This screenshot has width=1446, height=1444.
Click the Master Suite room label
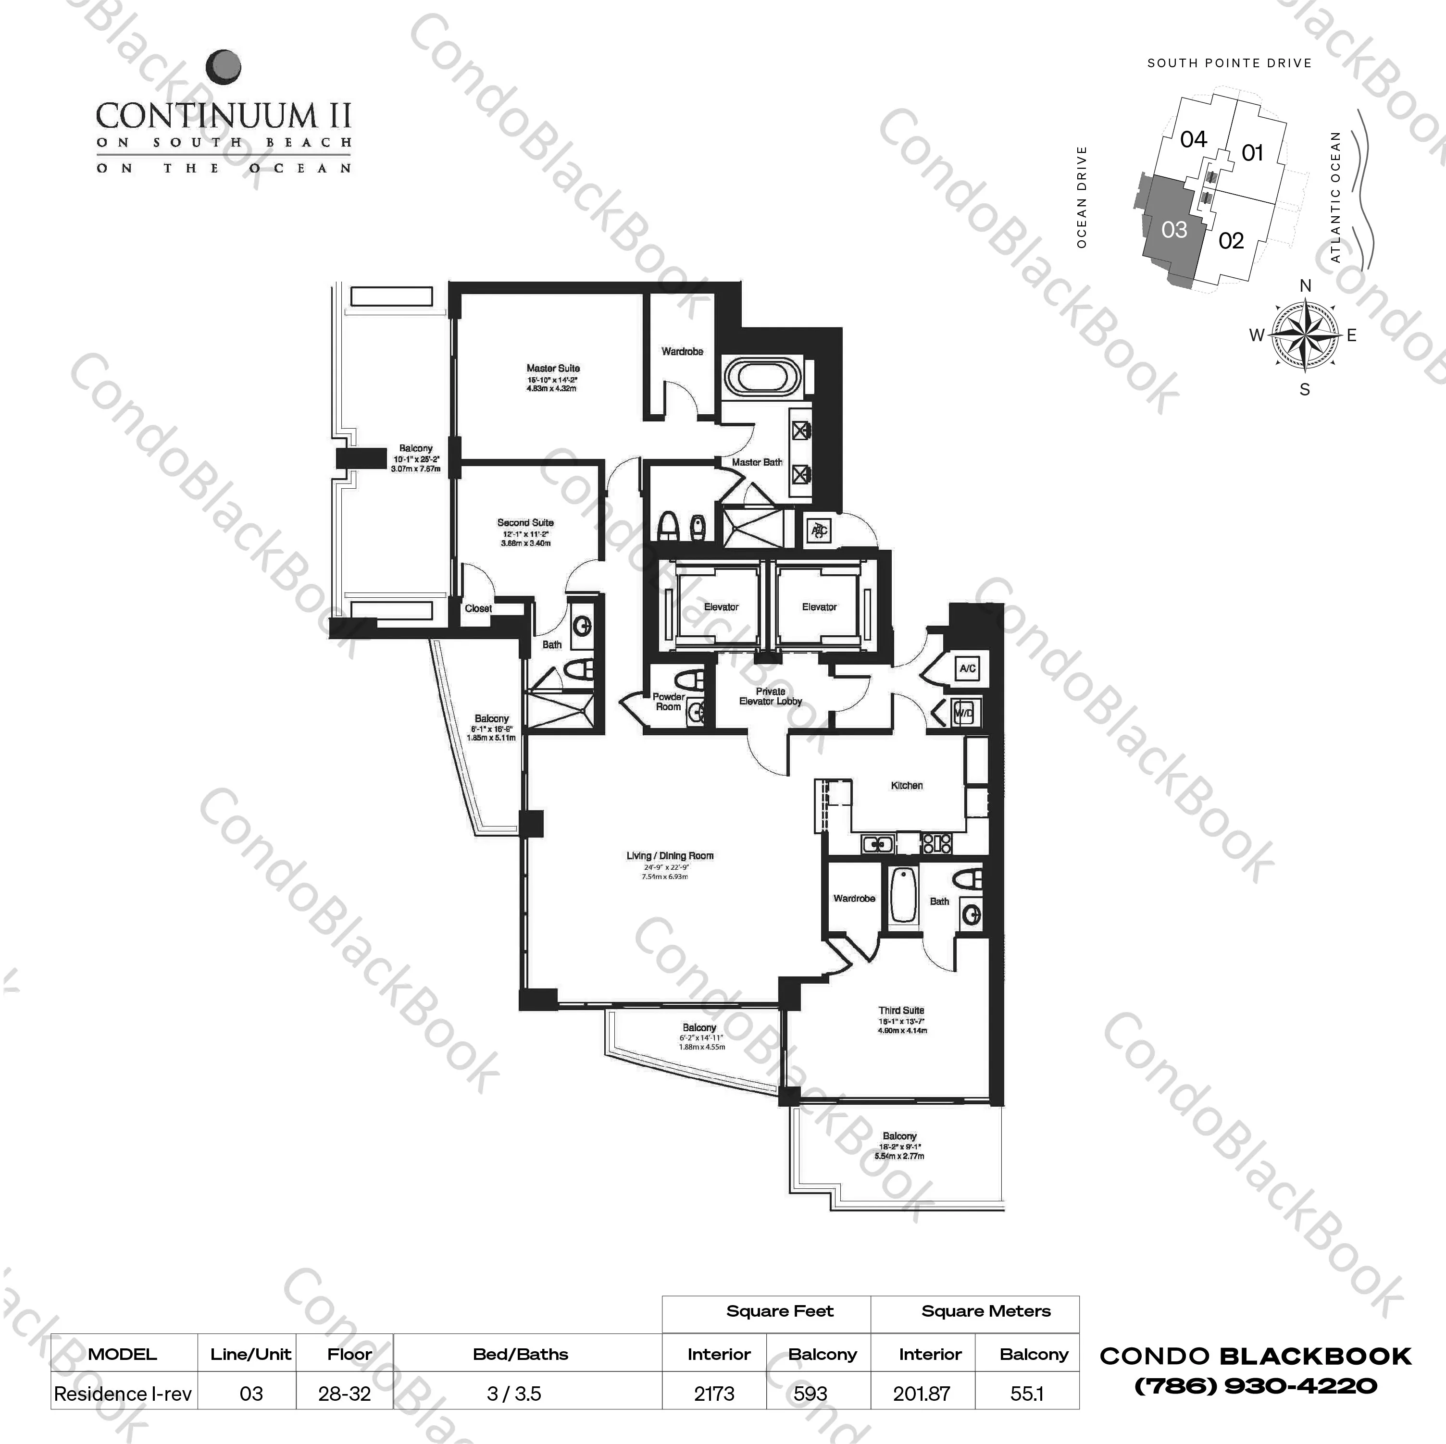pos(552,368)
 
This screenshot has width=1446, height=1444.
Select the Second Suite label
pos(525,522)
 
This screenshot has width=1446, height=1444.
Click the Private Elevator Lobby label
pos(770,696)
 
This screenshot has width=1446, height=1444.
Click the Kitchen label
pos(906,785)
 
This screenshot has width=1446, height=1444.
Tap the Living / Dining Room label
pos(670,855)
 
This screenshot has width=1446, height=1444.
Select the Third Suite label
pos(901,1010)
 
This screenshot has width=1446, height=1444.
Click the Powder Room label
pos(668,701)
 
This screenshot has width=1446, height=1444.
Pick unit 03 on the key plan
pos(1173,230)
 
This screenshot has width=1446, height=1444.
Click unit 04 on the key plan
pos(1193,139)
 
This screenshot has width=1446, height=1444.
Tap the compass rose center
pos(1305,334)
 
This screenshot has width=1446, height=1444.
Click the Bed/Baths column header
pos(520,1354)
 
